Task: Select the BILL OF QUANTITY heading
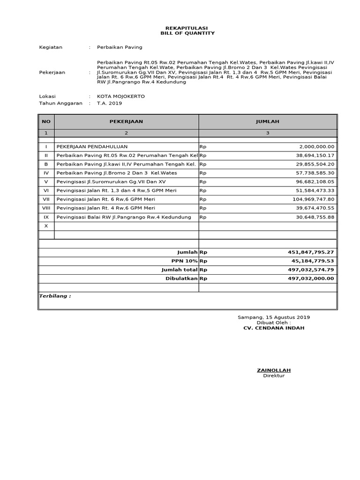point(187,33)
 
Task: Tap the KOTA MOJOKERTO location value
point(120,96)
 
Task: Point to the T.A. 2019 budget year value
point(109,103)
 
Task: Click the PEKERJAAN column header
point(126,121)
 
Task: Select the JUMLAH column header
point(267,121)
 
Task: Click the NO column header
point(46,121)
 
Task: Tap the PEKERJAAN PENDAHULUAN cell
point(92,147)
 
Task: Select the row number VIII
point(46,208)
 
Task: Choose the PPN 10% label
point(185,261)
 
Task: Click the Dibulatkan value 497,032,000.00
point(311,278)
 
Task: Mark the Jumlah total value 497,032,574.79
point(311,270)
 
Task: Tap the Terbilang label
point(54,296)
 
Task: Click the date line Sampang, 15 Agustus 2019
point(273,317)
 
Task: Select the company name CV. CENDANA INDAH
point(273,328)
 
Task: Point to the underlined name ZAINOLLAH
point(273,370)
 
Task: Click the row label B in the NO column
point(46,165)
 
